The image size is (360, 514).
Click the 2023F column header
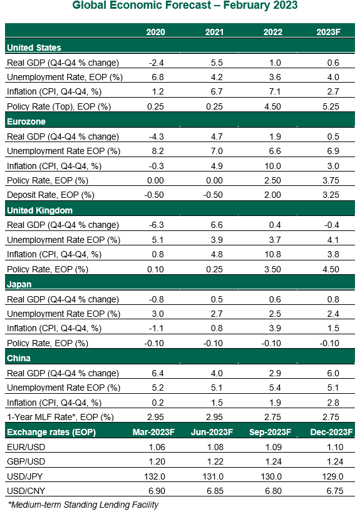(x=329, y=32)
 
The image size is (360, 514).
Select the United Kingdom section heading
(x=39, y=210)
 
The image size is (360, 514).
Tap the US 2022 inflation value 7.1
(x=275, y=91)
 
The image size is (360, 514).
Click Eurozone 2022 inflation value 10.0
(x=273, y=166)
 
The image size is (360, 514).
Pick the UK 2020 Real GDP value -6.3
(x=157, y=225)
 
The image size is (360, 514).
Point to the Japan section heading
(x=19, y=284)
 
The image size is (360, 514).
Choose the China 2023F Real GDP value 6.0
(x=333, y=373)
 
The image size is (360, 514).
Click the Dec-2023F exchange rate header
(x=331, y=432)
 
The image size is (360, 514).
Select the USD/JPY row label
(x=25, y=476)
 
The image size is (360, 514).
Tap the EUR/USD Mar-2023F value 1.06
(x=157, y=447)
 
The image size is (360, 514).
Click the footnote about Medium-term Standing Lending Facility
(x=83, y=505)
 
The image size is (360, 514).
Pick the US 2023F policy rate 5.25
(x=331, y=106)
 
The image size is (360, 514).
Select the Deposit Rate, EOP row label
(x=51, y=195)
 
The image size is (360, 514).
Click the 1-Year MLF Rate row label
(x=60, y=417)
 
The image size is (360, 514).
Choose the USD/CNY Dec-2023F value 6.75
(x=335, y=491)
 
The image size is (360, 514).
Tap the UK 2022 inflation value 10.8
(x=273, y=254)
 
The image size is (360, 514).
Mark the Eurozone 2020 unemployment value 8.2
(x=158, y=151)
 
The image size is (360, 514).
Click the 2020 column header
(x=155, y=32)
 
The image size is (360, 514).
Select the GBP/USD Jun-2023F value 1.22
(x=215, y=461)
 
